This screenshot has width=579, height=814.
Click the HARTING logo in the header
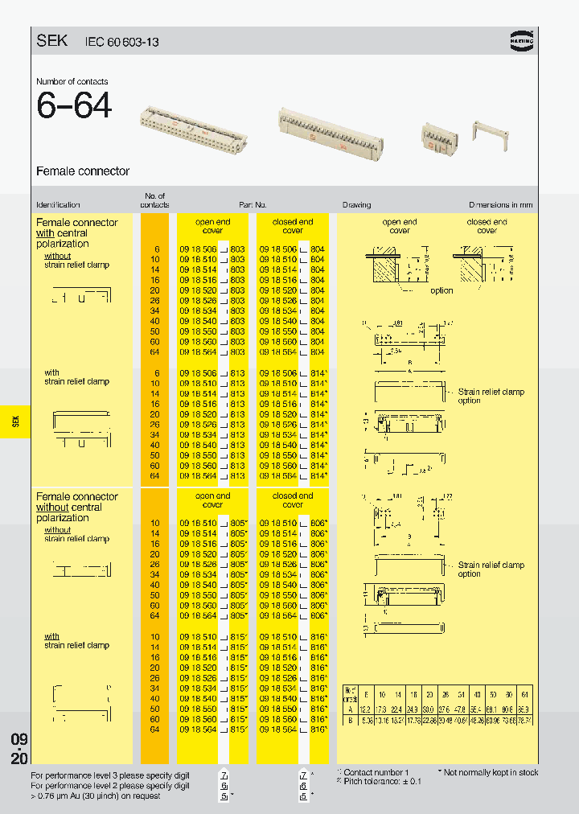(x=524, y=39)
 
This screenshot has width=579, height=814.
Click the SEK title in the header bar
(x=52, y=40)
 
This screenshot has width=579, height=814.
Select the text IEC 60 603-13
(x=119, y=42)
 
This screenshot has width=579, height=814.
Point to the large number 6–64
(x=74, y=106)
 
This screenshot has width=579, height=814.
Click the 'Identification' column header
(x=58, y=205)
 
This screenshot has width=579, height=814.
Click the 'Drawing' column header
(x=356, y=205)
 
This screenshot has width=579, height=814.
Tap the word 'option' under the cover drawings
(x=441, y=290)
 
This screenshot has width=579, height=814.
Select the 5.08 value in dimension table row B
(x=367, y=720)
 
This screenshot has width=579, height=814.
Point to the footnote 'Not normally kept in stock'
(x=491, y=772)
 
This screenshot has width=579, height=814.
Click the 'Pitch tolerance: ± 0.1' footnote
(x=380, y=781)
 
